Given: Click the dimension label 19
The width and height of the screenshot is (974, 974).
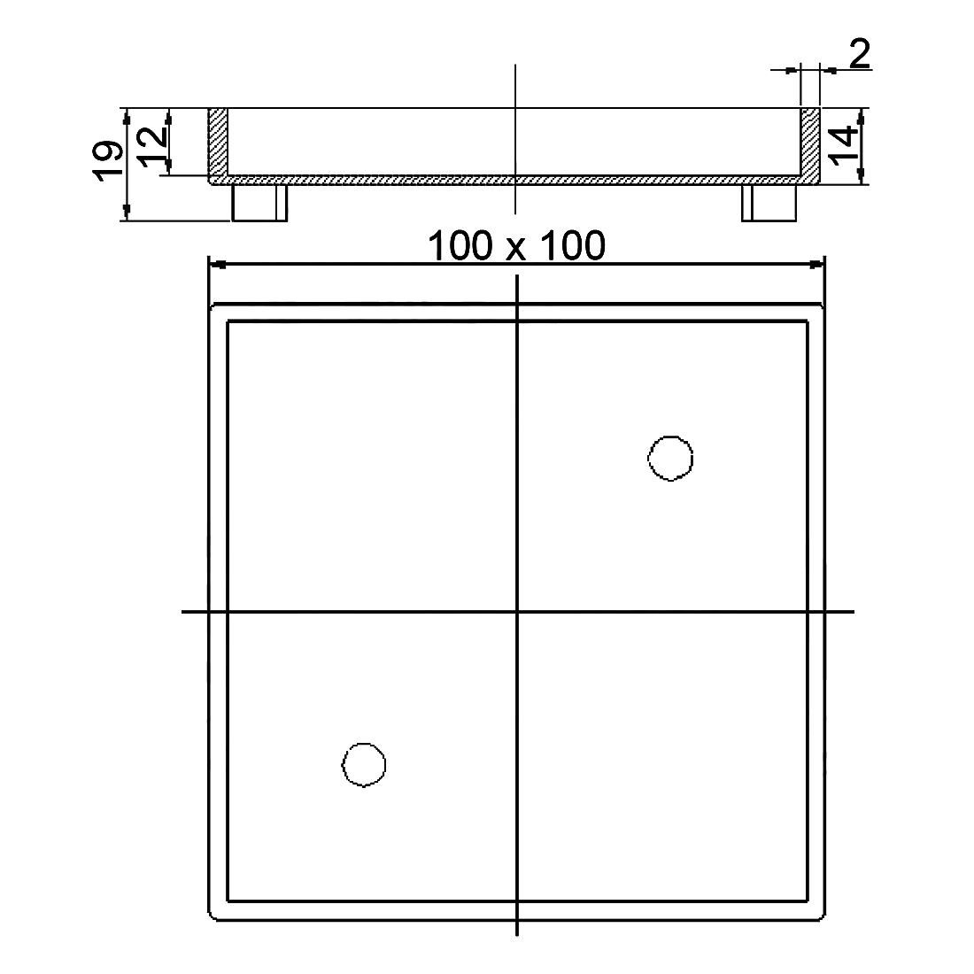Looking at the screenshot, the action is click(x=107, y=161).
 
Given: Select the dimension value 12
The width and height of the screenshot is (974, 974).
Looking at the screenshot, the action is click(x=151, y=147).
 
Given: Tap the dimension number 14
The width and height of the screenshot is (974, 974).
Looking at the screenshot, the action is click(x=844, y=146).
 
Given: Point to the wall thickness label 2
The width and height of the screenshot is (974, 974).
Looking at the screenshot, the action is click(x=860, y=54).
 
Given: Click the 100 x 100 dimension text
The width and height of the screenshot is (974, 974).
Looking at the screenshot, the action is click(x=516, y=246).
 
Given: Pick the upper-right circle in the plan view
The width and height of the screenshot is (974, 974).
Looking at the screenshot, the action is click(x=670, y=458).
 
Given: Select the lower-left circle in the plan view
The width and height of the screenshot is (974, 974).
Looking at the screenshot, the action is click(x=364, y=764).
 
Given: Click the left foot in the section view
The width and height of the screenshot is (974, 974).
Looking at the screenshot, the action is click(x=259, y=203).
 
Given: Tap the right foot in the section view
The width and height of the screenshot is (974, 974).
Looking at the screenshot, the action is click(x=769, y=203).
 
